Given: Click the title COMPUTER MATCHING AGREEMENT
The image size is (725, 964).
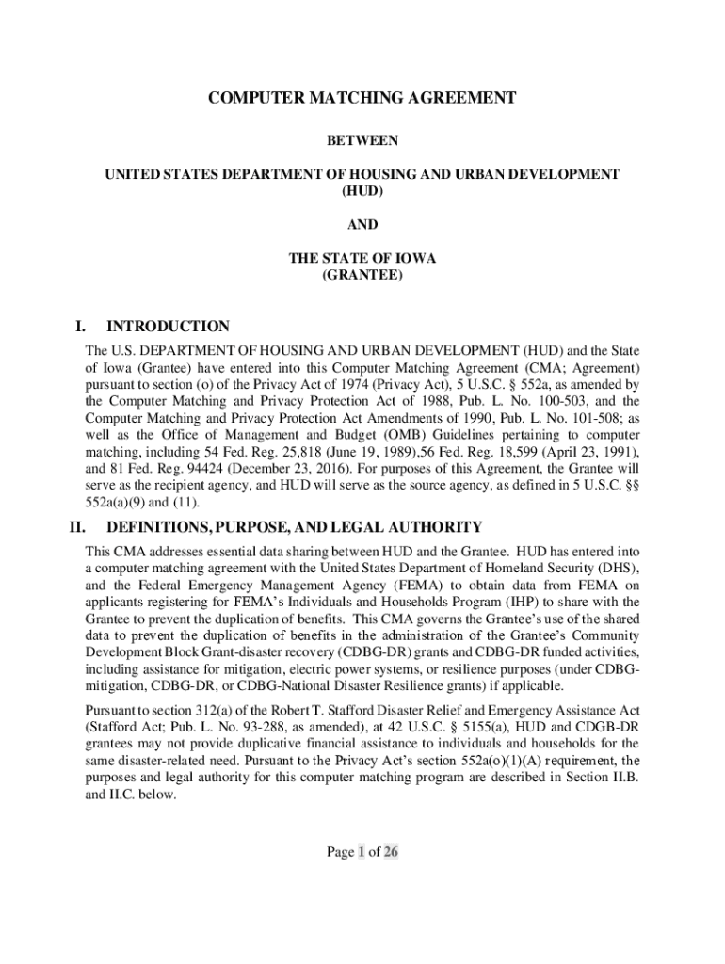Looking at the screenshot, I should pos(362,98).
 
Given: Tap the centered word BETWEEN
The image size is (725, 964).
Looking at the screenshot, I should pos(362,141).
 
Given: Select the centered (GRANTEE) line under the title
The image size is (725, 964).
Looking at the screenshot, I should pos(362,276).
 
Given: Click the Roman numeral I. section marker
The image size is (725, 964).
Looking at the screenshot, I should pos(82,328).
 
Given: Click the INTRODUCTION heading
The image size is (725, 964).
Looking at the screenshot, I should pos(169,328).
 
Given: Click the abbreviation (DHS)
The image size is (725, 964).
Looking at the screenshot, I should pos(615,570).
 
